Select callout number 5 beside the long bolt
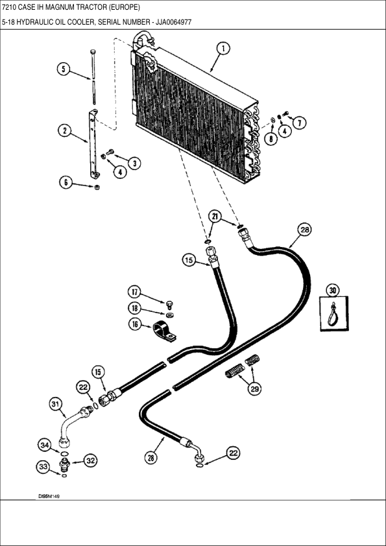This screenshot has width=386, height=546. coord(63,69)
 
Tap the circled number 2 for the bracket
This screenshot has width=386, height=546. coord(64,130)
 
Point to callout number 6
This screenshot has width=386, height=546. coord(66,183)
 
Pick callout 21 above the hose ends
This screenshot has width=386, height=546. coord(215,216)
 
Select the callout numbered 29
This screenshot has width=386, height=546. coord(254,389)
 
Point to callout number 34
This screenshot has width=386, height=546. coord(44,445)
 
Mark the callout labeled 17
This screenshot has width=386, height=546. coord(134,291)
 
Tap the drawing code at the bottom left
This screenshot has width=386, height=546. coord(53,495)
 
